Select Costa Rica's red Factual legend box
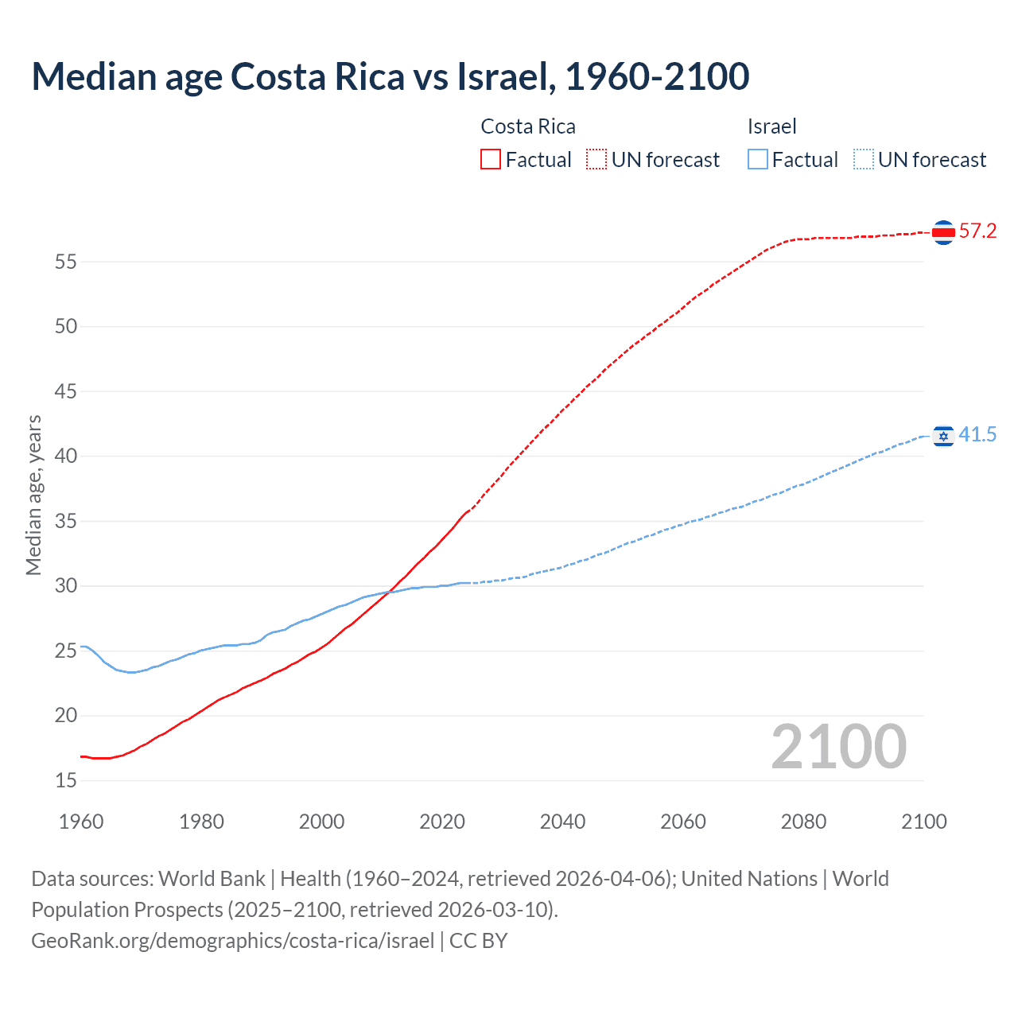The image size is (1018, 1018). (x=491, y=160)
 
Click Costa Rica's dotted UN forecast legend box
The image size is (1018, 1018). (x=596, y=160)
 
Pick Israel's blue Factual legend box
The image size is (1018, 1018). (x=758, y=160)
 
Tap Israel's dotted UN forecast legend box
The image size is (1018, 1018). (x=863, y=160)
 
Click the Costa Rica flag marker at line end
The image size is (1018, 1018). (x=943, y=232)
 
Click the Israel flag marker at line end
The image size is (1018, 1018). (x=943, y=436)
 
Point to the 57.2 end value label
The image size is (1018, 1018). (x=977, y=231)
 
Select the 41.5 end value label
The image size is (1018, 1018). (x=977, y=435)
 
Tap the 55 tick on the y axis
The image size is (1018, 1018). (x=66, y=262)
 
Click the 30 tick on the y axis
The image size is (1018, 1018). (x=66, y=586)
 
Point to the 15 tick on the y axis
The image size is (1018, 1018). (x=66, y=781)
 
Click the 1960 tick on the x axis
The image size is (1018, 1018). (x=81, y=822)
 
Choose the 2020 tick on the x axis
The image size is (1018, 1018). (x=442, y=822)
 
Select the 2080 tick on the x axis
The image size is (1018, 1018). (x=803, y=822)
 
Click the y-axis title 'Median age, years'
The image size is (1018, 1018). (x=33, y=495)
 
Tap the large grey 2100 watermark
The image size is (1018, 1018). (x=838, y=747)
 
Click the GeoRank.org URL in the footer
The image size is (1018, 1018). (x=232, y=941)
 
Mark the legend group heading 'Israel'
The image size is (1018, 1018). (x=771, y=126)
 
